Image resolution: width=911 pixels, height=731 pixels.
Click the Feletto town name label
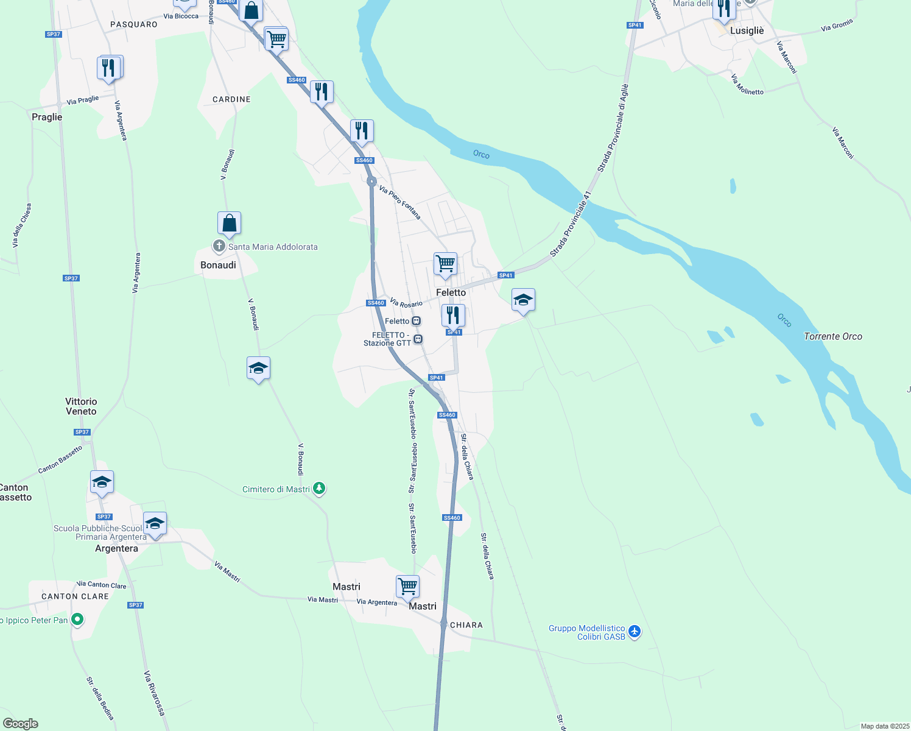coord(451,292)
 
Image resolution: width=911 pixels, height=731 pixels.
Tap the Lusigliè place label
coord(747,30)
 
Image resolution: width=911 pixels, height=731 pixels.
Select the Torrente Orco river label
coord(832,336)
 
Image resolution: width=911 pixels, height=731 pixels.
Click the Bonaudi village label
coord(218,265)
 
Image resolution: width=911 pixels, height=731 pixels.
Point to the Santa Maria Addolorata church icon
coord(219,247)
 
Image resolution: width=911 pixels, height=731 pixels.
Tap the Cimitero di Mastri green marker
coord(318,489)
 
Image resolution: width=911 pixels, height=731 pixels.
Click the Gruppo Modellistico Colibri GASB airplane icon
coord(635,631)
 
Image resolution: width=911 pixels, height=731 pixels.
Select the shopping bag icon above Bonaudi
coord(229,224)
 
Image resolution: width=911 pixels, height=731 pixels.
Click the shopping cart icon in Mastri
coord(407,587)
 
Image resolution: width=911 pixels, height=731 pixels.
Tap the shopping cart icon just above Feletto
coord(445,264)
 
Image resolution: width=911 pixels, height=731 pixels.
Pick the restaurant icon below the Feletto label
coord(452,316)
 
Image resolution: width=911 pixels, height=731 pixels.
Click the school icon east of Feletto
coord(523,300)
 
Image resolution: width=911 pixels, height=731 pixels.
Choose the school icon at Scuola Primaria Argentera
coord(155,524)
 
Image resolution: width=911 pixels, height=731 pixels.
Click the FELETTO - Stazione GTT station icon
coord(418,339)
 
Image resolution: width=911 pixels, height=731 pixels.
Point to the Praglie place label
coord(47,117)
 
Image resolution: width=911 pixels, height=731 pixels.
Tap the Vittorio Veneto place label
coord(81,406)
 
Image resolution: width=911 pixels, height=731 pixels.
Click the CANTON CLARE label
coord(75,596)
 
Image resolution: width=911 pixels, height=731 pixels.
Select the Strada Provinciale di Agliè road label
coord(613,129)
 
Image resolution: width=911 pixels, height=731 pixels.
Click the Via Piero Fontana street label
coord(399,202)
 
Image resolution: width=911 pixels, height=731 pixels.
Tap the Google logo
coord(21,724)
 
